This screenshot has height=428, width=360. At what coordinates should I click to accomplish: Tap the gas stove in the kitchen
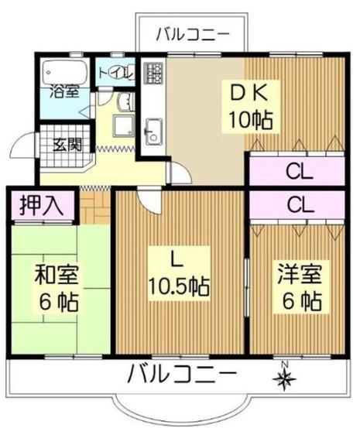153,73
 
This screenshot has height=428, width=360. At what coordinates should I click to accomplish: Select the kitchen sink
153,132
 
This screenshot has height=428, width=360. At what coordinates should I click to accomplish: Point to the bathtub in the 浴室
65,72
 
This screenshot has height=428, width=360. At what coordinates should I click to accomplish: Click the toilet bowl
126,72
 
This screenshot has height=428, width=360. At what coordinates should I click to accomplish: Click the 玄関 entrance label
67,145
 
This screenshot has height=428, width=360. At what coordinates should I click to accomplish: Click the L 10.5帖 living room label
179,273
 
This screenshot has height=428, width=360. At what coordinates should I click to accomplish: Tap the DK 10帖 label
251,107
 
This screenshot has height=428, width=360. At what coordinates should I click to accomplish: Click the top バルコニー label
193,35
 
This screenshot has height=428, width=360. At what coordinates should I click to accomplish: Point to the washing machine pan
124,126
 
